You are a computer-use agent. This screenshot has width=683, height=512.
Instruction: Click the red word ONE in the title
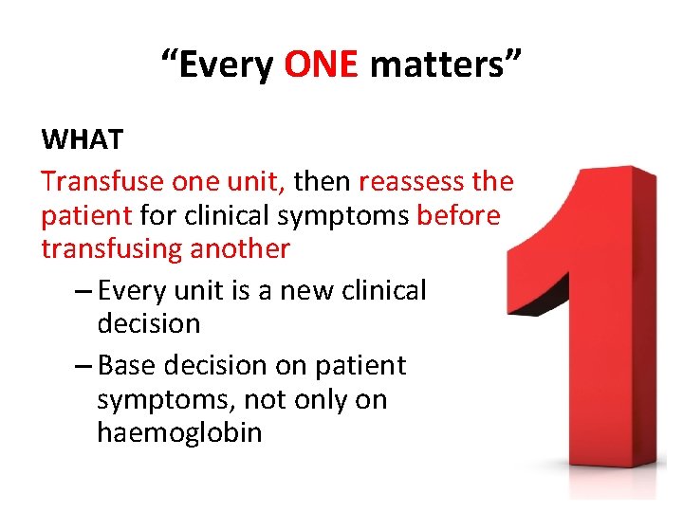[x=321, y=65]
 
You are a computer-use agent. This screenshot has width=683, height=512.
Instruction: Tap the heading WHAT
[x=82, y=139]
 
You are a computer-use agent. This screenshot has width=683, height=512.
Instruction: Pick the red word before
[x=458, y=215]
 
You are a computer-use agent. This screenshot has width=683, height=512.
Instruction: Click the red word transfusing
[x=112, y=249]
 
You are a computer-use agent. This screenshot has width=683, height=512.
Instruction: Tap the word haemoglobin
[x=179, y=432]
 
